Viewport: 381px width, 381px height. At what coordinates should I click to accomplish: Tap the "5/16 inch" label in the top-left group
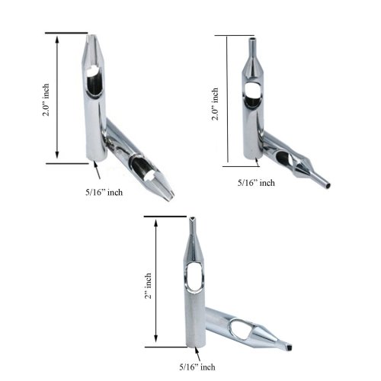point(104,192)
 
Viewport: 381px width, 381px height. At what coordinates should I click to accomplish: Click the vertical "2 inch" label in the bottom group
point(150,285)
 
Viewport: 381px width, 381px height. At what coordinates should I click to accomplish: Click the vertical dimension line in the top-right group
point(226,100)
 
